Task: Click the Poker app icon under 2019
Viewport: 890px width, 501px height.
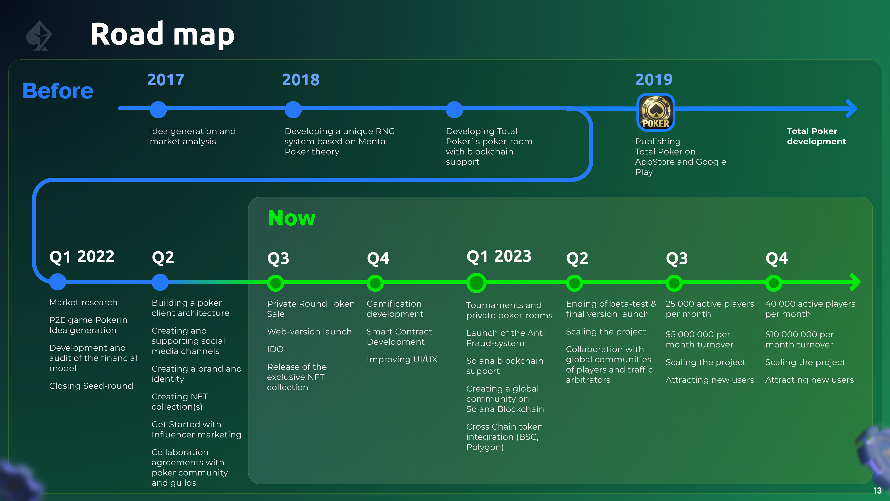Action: pos(655,112)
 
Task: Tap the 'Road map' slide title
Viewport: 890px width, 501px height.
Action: pos(162,34)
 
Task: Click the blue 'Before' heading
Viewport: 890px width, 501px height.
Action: pos(58,91)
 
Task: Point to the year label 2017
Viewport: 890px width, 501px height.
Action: pos(166,80)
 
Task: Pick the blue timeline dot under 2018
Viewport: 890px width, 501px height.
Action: pos(293,110)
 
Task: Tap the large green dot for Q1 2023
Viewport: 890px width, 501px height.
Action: pos(477,283)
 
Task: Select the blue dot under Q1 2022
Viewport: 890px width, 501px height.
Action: pos(58,282)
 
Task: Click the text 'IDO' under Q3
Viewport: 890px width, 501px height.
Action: pos(275,349)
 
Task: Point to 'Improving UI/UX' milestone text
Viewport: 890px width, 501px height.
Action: pos(402,360)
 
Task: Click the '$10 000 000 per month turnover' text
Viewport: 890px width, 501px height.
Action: pos(799,340)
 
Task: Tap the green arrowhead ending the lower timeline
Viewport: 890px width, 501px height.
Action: pos(855,283)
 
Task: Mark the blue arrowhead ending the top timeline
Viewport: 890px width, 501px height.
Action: pos(852,109)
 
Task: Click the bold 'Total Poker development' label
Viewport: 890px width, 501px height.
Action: pos(816,136)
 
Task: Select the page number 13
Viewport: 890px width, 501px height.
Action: pos(877,491)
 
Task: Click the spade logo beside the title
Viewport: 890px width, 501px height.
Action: pos(39,36)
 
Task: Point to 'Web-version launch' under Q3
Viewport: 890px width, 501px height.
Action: pos(309,332)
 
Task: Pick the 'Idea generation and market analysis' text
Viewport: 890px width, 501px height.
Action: pos(192,136)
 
